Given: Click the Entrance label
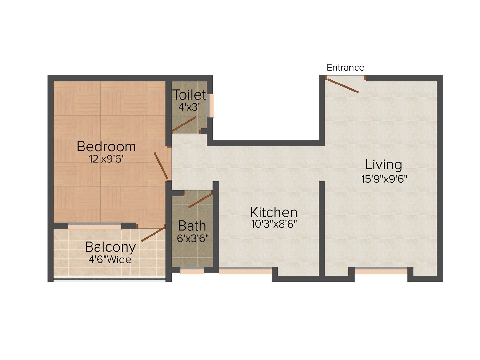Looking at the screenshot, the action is [345, 68].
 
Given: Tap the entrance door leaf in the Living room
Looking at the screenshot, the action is [342, 86].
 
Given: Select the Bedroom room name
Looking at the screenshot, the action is [106, 147].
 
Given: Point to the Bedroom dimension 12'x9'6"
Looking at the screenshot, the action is [107, 159].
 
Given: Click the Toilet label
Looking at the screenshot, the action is [189, 95].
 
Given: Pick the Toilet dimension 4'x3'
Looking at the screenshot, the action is [189, 107].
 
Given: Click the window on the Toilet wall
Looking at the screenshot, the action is [211, 106].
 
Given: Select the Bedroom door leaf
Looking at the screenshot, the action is [161, 166].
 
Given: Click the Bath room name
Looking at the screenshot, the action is [192, 226].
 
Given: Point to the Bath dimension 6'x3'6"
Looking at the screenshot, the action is [193, 238].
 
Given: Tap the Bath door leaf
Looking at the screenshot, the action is [201, 201].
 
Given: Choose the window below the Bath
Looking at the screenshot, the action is [192, 271].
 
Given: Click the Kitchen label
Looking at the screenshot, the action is [274, 212].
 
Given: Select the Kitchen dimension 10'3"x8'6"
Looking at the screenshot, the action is [274, 224].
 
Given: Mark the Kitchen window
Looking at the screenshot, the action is [245, 271].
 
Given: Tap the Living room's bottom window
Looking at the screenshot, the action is [381, 271].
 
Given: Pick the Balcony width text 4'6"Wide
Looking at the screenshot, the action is [110, 260].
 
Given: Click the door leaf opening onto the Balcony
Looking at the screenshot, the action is [153, 234].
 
